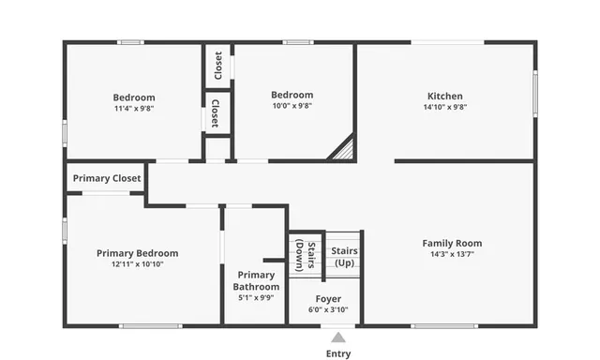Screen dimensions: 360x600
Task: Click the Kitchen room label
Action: pyautogui.click(x=444, y=96)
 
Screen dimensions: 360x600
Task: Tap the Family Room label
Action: pyautogui.click(x=452, y=243)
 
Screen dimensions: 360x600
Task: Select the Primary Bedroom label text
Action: pyautogui.click(x=137, y=253)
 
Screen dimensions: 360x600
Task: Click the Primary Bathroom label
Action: pyautogui.click(x=256, y=280)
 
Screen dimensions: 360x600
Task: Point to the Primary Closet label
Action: pyautogui.click(x=107, y=178)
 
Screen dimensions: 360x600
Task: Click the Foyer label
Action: pyautogui.click(x=328, y=299)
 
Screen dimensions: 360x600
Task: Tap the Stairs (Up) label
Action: pyautogui.click(x=344, y=256)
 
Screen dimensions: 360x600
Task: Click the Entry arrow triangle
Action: pyautogui.click(x=338, y=336)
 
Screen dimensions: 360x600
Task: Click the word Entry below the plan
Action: pyautogui.click(x=338, y=353)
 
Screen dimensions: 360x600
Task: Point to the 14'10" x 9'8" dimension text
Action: pyautogui.click(x=444, y=107)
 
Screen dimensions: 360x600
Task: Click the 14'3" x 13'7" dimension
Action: pyautogui.click(x=452, y=254)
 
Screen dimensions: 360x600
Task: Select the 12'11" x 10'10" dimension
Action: pyautogui.click(x=137, y=264)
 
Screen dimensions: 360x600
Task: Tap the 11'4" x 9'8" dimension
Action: pyautogui.click(x=134, y=108)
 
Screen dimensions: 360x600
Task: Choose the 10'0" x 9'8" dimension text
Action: pyautogui.click(x=292, y=106)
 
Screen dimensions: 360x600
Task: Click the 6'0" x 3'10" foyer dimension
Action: pyautogui.click(x=328, y=309)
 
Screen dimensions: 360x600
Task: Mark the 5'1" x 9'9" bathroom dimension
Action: pyautogui.click(x=256, y=298)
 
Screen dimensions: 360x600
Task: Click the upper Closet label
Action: pyautogui.click(x=217, y=66)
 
